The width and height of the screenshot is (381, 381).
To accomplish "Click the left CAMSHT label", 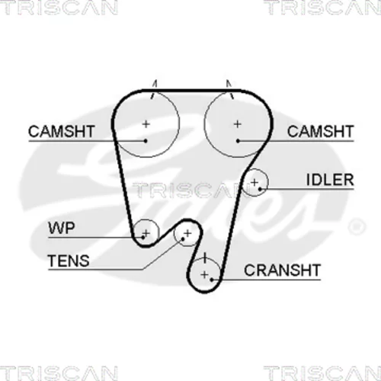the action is (x=62, y=131).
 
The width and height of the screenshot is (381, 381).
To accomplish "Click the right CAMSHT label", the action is (x=320, y=131).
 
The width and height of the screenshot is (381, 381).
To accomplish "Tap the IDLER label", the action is (x=330, y=180).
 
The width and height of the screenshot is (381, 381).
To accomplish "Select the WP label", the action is (x=62, y=228).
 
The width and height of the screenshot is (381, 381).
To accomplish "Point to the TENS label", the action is (x=69, y=261).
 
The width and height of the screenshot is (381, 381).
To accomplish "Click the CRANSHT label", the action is (x=282, y=270).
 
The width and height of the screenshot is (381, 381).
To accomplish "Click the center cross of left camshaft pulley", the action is (x=146, y=124).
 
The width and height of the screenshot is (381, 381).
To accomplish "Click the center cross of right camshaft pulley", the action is (x=238, y=124).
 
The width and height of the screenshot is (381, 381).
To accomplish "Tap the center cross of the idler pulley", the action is (x=255, y=182).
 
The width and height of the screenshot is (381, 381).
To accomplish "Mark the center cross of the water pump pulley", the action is (x=146, y=233).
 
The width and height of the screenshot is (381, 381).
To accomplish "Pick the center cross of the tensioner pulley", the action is (x=187, y=233).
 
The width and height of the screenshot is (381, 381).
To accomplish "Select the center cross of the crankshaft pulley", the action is (x=204, y=274).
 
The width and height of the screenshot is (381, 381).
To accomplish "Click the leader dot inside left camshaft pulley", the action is (x=146, y=141).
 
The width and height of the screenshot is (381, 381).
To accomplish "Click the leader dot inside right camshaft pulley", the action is (x=238, y=141).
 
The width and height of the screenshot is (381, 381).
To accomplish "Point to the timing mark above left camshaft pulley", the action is (x=154, y=89).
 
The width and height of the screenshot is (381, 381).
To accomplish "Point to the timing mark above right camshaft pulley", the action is (x=229, y=89).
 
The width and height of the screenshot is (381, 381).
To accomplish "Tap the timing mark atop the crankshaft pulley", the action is (x=205, y=258).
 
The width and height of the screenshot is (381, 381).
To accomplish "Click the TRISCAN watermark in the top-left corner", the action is (x=59, y=7).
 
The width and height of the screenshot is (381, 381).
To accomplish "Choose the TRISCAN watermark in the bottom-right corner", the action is (x=322, y=373).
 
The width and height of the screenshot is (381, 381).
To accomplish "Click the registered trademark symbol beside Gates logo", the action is (x=357, y=226).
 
